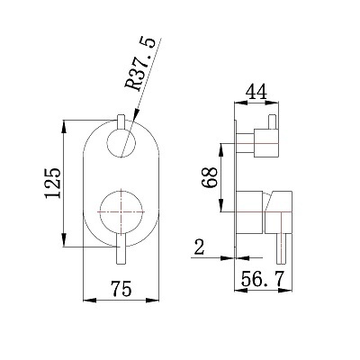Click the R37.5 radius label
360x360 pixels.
point(140,64)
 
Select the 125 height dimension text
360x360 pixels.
point(53,183)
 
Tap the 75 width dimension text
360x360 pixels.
point(121,289)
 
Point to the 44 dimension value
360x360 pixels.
point(256,92)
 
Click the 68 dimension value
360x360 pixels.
point(210,177)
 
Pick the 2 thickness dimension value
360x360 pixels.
point(199,247)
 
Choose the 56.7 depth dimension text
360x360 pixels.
point(263,279)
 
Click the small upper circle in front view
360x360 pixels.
point(121,142)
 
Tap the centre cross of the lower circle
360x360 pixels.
point(121,211)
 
